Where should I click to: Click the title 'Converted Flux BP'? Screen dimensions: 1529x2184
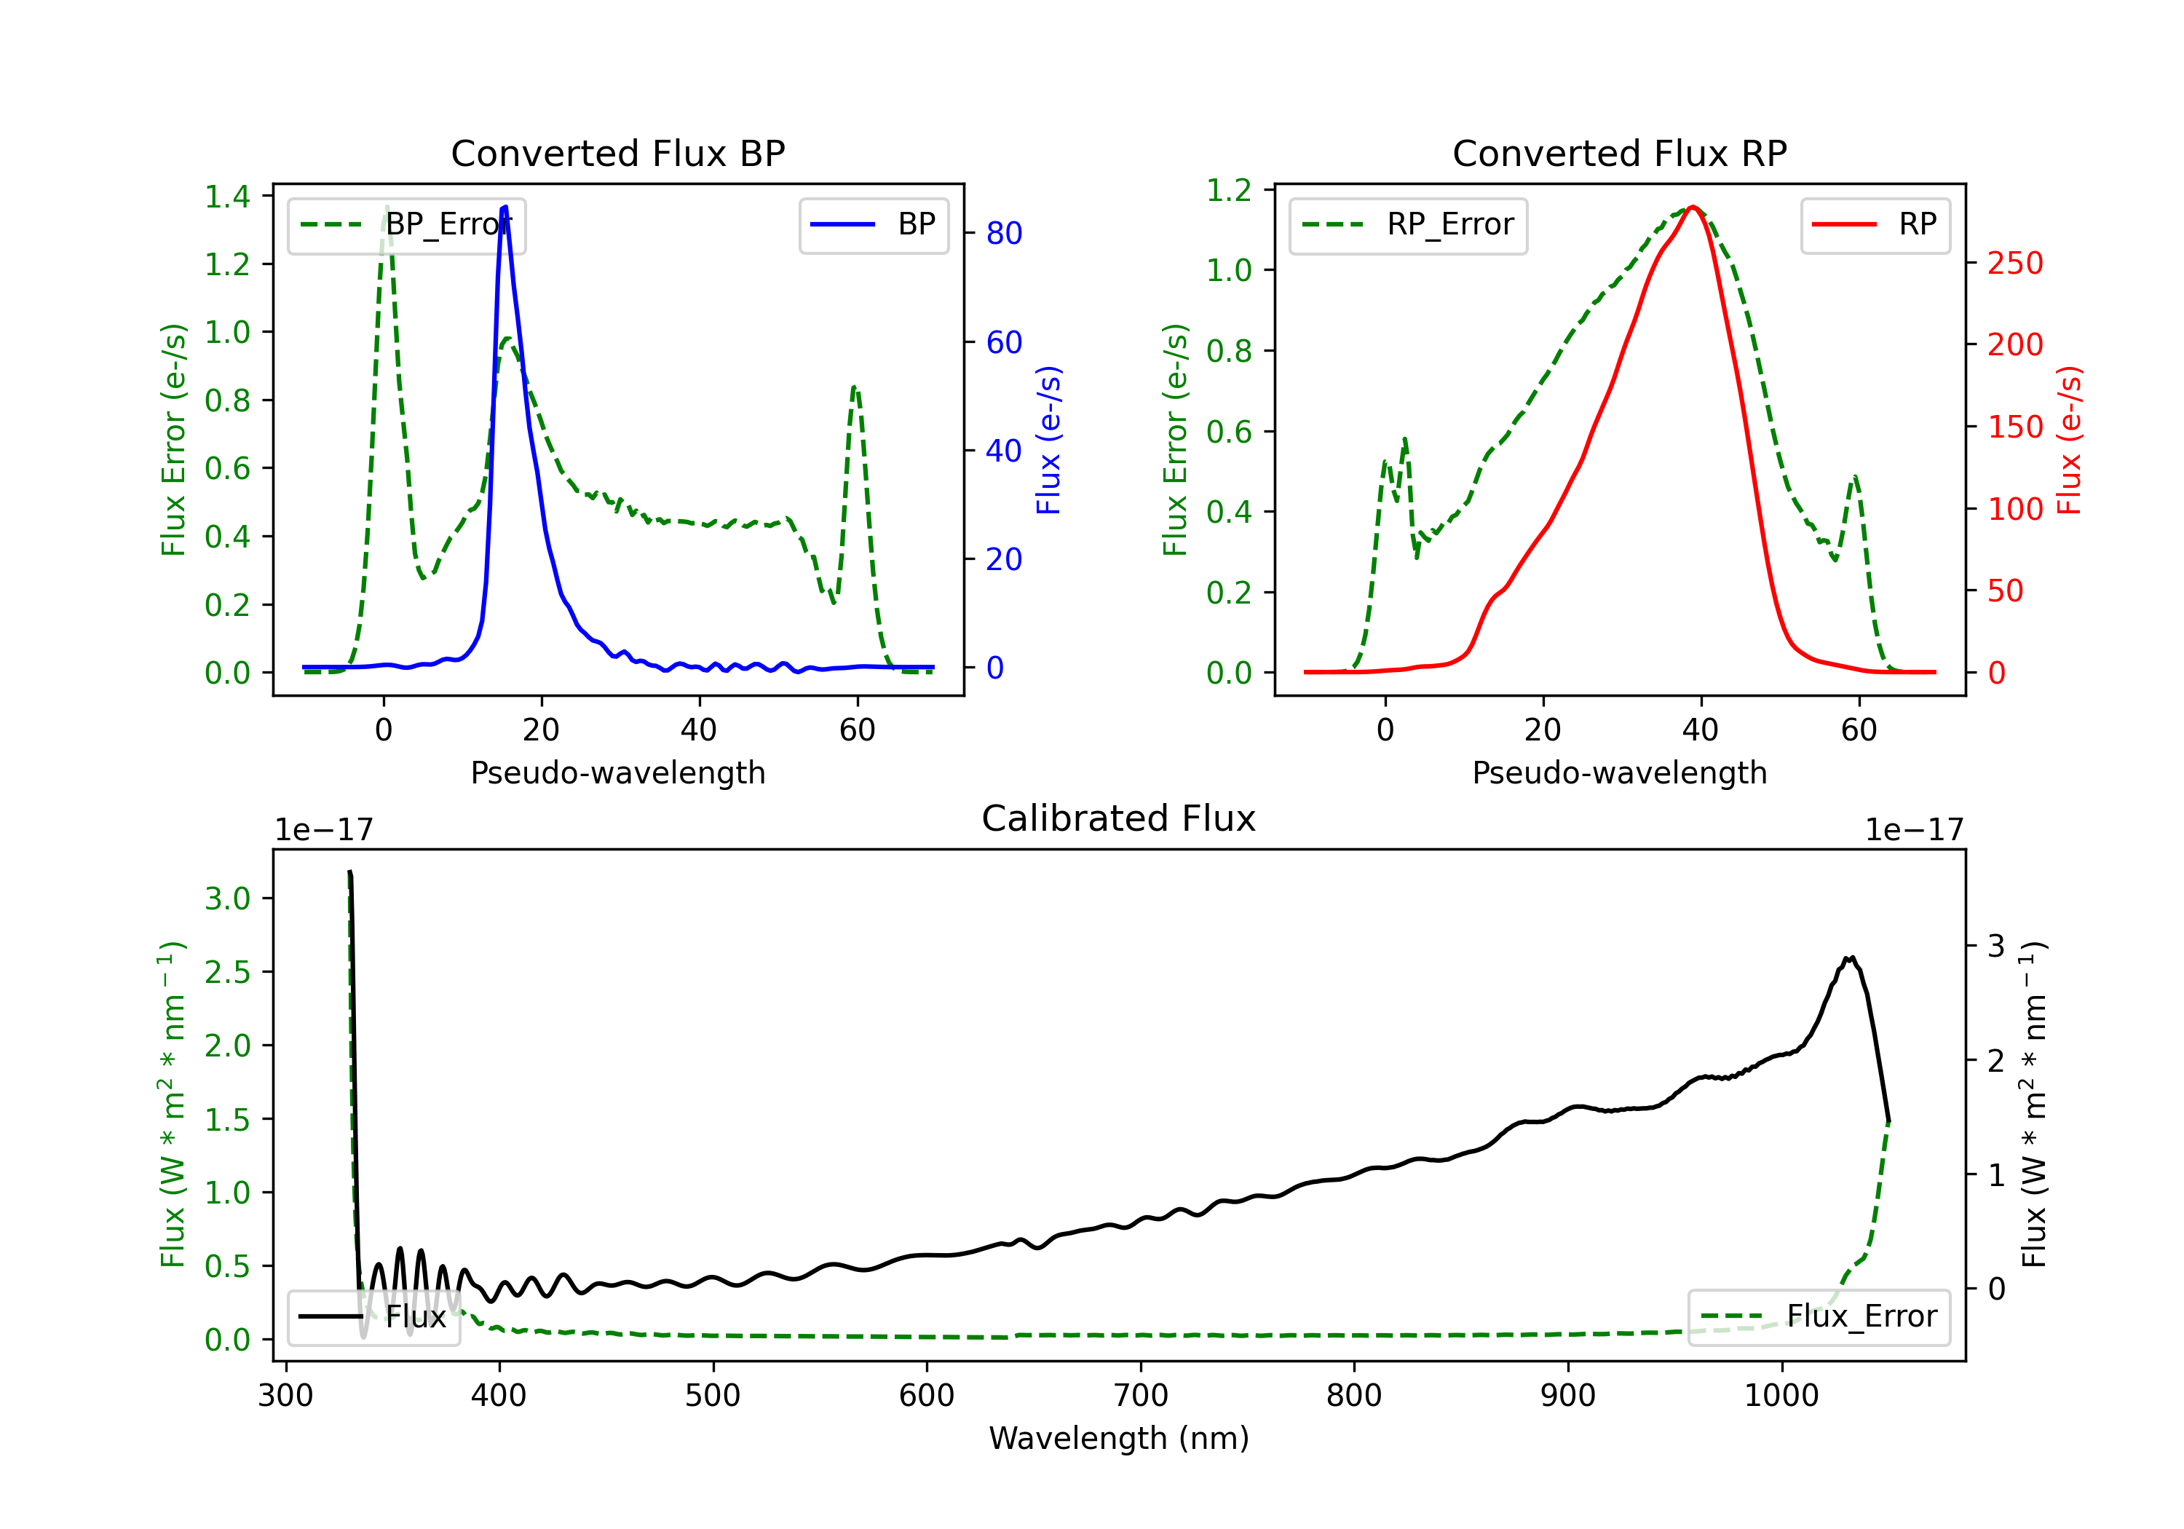pos(617,153)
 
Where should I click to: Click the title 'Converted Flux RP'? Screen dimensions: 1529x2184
pos(1619,153)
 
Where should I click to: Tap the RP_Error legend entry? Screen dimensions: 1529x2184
pos(1408,226)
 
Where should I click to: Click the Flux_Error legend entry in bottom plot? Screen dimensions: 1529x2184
pos(1818,1317)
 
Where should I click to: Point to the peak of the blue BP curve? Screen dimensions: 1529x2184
pos(505,207)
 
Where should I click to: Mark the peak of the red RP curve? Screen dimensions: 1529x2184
pos(1693,207)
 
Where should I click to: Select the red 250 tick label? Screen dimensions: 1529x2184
pos(2014,264)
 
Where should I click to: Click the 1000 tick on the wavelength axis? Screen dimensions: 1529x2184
pos(1781,1396)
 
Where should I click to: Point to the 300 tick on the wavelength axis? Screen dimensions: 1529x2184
pos(285,1396)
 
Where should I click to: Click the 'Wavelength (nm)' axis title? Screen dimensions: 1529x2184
pos(1119,1438)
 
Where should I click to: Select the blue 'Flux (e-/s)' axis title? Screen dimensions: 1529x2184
pos(1048,440)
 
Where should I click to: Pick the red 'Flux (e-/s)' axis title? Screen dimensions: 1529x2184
pos(2070,440)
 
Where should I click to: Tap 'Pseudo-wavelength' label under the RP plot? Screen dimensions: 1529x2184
pos(1619,773)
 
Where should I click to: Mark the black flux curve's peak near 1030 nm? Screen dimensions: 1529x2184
pos(1850,958)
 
